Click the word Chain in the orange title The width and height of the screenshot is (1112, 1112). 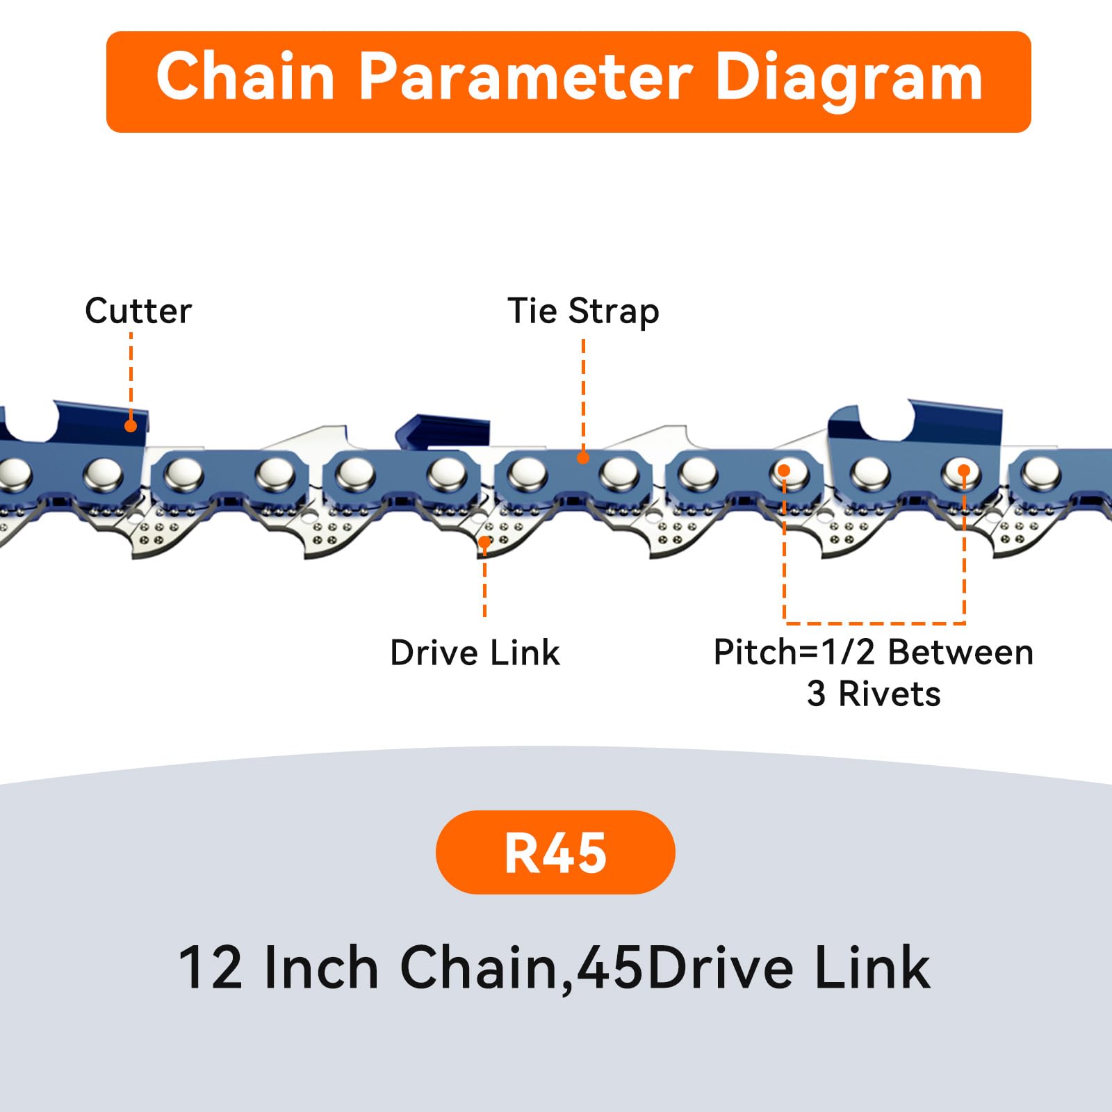tap(245, 78)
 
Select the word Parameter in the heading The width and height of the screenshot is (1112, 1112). tap(525, 78)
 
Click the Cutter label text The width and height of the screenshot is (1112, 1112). tap(138, 311)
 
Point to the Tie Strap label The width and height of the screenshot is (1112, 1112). tap(583, 311)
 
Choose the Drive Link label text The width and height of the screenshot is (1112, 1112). tap(475, 653)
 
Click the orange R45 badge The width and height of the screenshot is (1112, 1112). tap(555, 852)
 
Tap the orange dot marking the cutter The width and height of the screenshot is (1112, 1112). tap(131, 426)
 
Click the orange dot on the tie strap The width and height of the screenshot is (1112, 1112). tap(583, 457)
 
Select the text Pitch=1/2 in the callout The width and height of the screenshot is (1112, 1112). tap(794, 653)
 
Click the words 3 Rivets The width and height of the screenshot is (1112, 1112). tap(874, 694)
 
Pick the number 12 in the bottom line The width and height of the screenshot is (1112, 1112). tap(211, 967)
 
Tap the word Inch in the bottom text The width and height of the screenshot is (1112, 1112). tap(321, 967)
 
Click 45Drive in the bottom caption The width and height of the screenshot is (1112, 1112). tap(685, 967)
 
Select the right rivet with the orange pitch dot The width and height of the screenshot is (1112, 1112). tap(963, 473)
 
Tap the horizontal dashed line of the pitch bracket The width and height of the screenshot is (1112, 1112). tap(874, 623)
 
